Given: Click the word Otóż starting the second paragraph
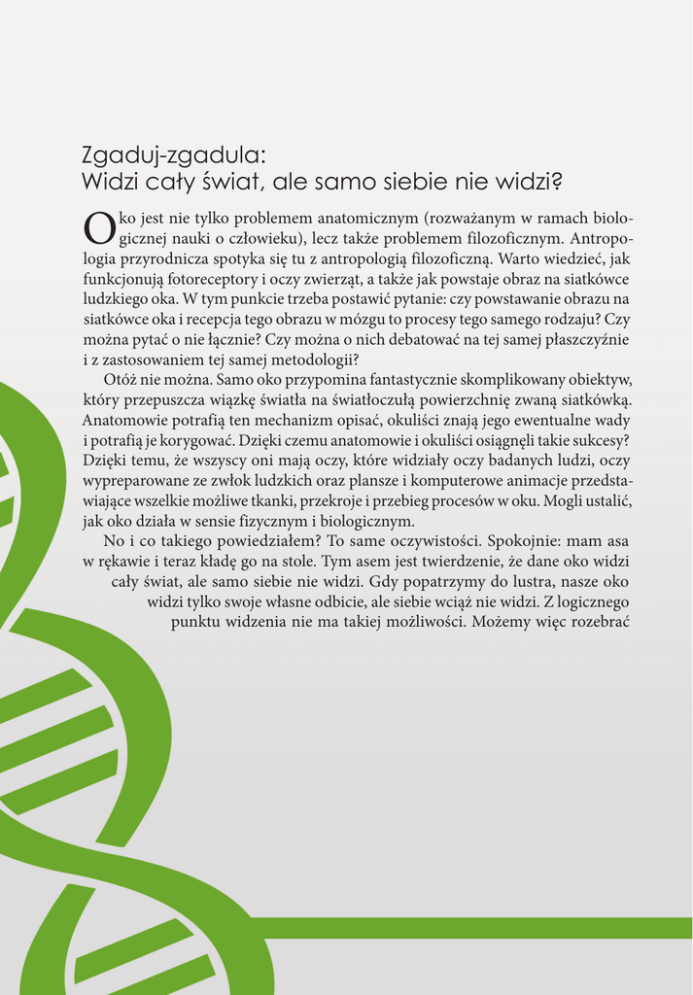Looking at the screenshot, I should tap(121, 380).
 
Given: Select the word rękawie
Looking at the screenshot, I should tap(122, 563).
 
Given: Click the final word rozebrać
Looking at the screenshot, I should tap(600, 623).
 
